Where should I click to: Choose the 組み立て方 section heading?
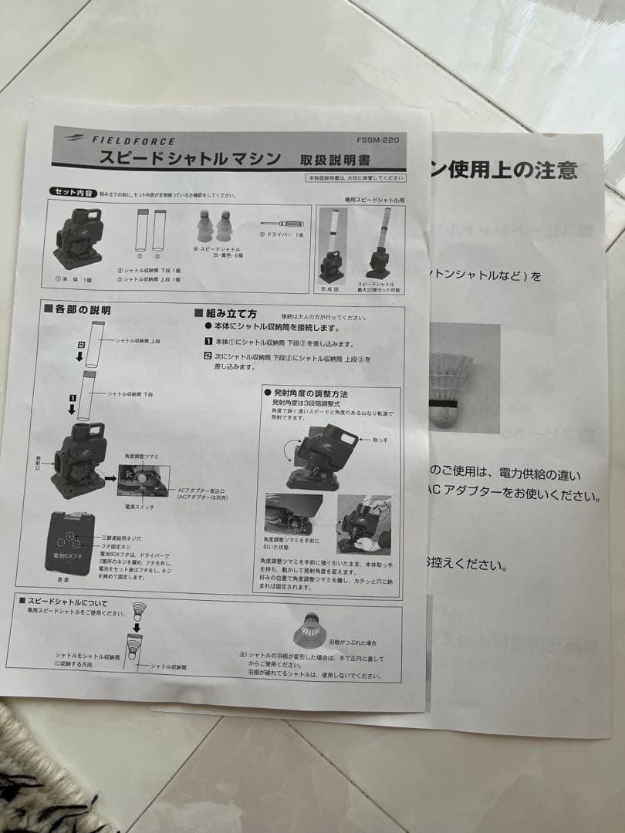click(230, 314)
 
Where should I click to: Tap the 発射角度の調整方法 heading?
click(309, 393)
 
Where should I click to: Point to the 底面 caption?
click(63, 578)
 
